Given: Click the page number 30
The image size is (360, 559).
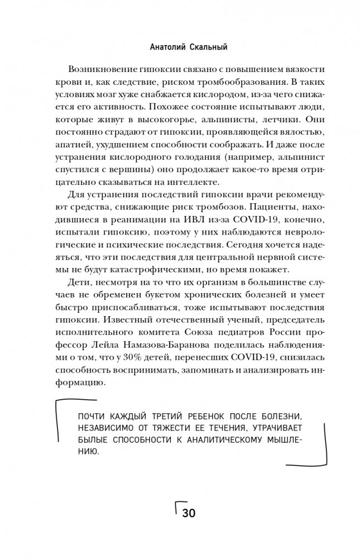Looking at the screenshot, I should [x=189, y=514].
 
